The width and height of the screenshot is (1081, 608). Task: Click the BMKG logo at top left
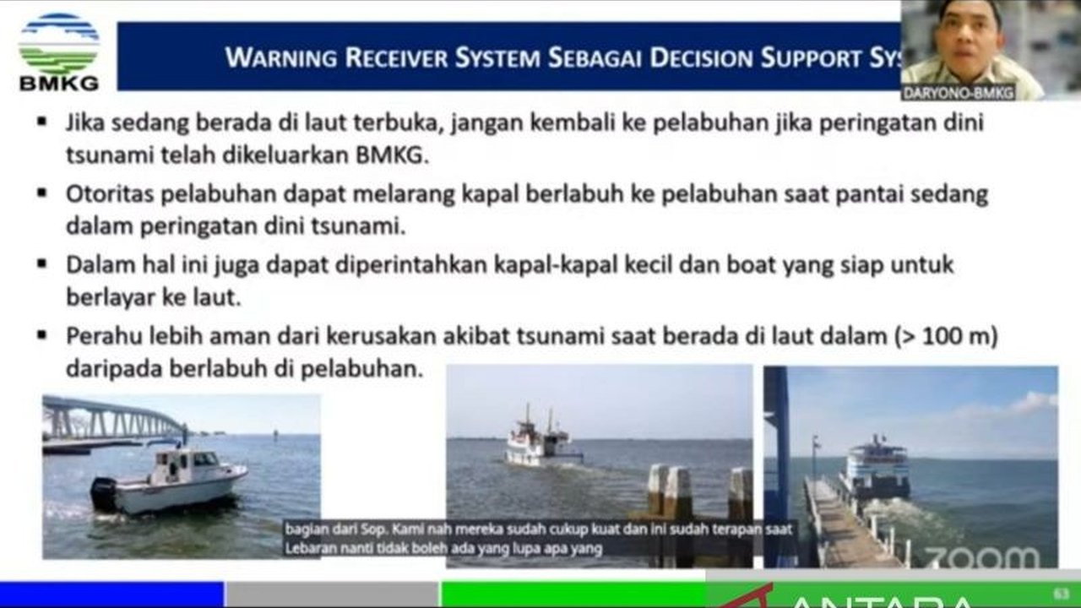click(x=58, y=51)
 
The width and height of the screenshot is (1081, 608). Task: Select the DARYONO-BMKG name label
click(x=958, y=93)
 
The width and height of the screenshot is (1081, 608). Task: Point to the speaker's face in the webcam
click(x=970, y=34)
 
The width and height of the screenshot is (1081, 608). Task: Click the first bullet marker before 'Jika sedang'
click(x=41, y=122)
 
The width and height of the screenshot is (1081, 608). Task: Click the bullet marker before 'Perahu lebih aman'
click(x=41, y=336)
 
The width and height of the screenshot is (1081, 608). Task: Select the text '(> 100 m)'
click(x=946, y=336)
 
